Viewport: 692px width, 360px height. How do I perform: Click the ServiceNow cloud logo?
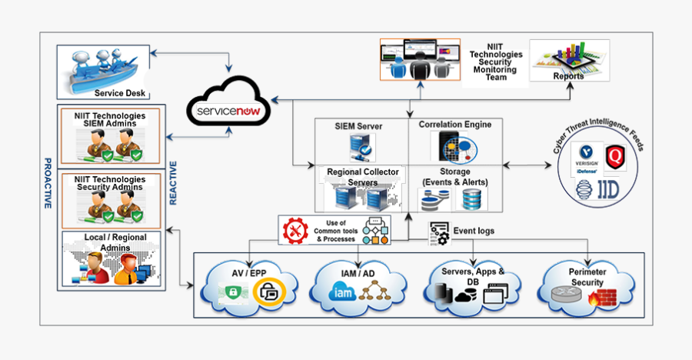click(x=230, y=111)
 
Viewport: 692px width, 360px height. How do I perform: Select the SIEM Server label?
click(x=358, y=125)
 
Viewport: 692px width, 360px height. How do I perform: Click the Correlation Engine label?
click(x=455, y=124)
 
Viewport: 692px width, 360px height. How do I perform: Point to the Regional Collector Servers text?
click(x=363, y=177)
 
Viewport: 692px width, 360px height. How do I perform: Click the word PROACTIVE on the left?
click(x=48, y=183)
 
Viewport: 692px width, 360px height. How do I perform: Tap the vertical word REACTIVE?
click(x=173, y=183)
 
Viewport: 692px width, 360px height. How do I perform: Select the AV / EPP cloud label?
click(x=248, y=273)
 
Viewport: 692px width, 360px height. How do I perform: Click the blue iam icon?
click(x=342, y=292)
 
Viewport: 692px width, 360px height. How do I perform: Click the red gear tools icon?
click(x=294, y=231)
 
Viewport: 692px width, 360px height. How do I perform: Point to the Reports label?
click(x=568, y=75)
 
